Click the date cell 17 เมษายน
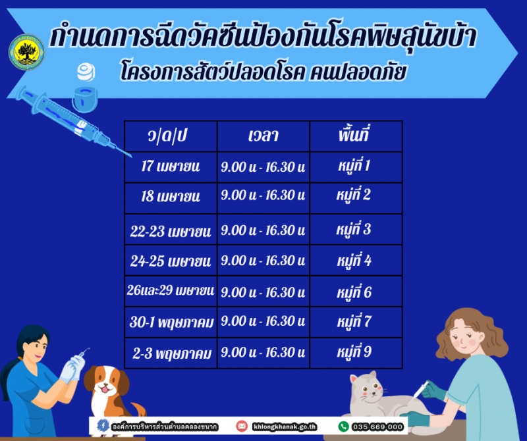(171, 167)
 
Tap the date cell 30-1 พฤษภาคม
(171, 322)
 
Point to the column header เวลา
(263, 136)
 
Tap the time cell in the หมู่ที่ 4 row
(263, 260)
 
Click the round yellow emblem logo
(26, 52)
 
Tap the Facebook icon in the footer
(103, 426)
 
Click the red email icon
(242, 427)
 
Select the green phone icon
(343, 427)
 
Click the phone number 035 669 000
(377, 427)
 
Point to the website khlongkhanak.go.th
(285, 427)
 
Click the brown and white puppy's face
(106, 382)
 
